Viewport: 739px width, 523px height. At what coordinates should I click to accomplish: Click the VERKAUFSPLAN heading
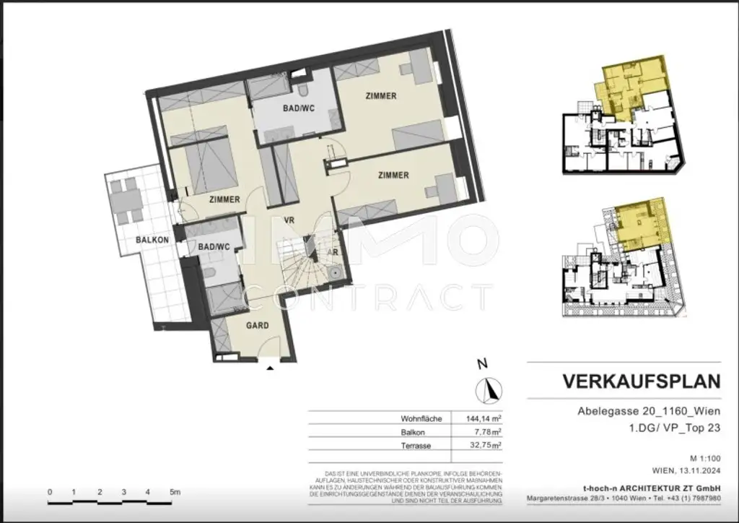[x=641, y=381]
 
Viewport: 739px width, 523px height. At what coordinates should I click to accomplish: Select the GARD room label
[x=258, y=326]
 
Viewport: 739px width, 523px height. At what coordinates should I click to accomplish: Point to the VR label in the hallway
[x=289, y=220]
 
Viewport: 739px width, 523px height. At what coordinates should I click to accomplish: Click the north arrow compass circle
[x=489, y=390]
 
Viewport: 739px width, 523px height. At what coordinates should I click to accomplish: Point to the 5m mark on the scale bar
[x=175, y=492]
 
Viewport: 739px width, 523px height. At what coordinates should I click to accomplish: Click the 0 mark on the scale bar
[x=50, y=492]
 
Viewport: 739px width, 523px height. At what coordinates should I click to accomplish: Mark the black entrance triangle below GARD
[x=270, y=368]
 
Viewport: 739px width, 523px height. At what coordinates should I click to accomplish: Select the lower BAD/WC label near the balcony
[x=214, y=247]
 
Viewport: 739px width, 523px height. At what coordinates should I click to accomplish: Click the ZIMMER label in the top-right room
[x=381, y=96]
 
